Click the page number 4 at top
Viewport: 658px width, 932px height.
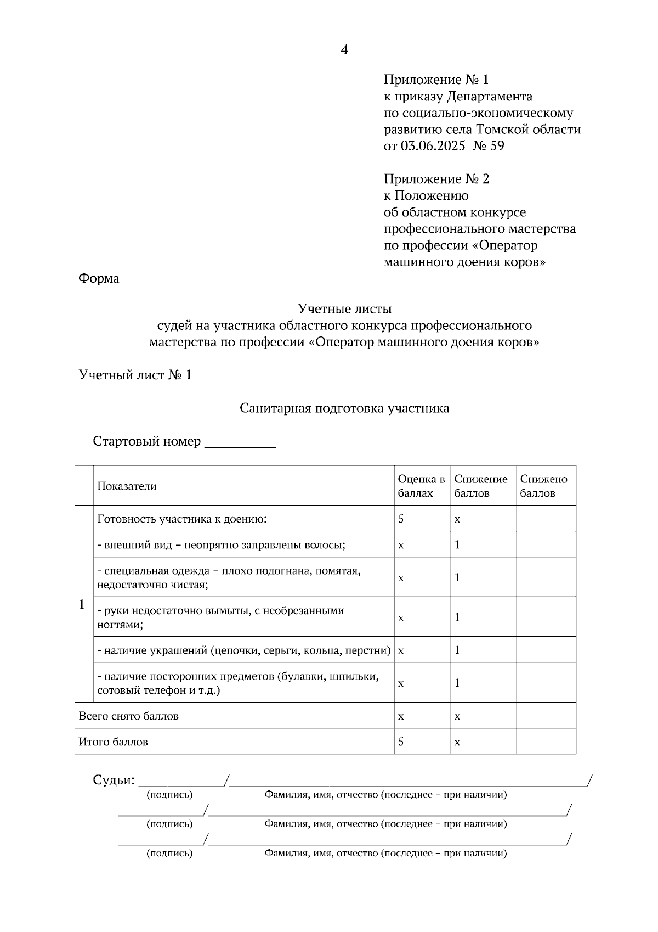click(x=344, y=50)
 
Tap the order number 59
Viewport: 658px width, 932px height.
click(x=497, y=146)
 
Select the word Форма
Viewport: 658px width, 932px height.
click(x=99, y=278)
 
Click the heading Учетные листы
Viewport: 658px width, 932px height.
click(x=344, y=309)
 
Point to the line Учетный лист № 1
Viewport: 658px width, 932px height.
click(x=135, y=375)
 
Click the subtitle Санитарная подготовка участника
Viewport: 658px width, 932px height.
click(x=344, y=408)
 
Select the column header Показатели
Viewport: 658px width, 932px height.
click(x=127, y=486)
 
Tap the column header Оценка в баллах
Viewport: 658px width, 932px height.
click(x=421, y=486)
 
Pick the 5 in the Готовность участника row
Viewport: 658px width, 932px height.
click(x=401, y=518)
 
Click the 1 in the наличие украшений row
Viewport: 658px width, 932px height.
click(x=457, y=650)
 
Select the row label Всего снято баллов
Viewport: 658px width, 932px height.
click(x=128, y=716)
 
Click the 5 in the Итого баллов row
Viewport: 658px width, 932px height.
click(x=401, y=742)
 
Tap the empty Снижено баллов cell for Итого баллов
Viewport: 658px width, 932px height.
click(x=546, y=742)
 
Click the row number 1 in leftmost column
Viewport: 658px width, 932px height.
click(x=82, y=604)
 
